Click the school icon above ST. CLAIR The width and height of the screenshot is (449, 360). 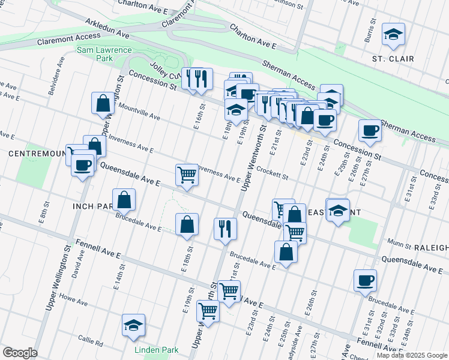[x=394, y=35]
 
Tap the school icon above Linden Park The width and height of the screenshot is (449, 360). [x=133, y=325]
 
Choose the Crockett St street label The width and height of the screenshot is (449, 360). [x=272, y=173]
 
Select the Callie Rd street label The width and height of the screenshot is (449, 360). [x=91, y=341]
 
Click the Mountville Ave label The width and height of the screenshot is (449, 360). [x=139, y=111]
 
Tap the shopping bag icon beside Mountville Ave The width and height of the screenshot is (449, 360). [x=103, y=103]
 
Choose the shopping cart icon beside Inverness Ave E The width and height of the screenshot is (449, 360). [x=187, y=175]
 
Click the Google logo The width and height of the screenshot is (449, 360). [x=20, y=353]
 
